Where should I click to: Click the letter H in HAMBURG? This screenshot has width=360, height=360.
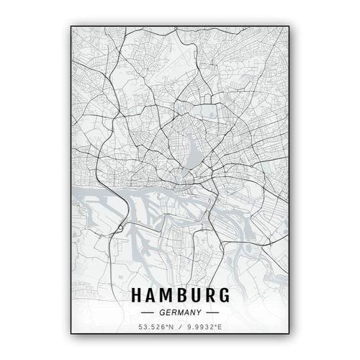tap(135, 297)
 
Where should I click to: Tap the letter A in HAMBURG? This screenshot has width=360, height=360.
tap(149, 297)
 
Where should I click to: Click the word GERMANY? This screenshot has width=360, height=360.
tap(180, 314)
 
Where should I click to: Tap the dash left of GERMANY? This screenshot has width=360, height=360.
tap(148, 314)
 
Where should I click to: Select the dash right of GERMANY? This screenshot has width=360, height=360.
tap(212, 314)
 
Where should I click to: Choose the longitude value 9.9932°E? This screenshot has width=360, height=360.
tap(203, 330)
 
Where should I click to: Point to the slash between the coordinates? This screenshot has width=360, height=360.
tap(180, 330)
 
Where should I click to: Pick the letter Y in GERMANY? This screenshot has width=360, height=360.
tap(198, 314)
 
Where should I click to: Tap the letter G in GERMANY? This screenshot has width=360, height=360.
tap(162, 314)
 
